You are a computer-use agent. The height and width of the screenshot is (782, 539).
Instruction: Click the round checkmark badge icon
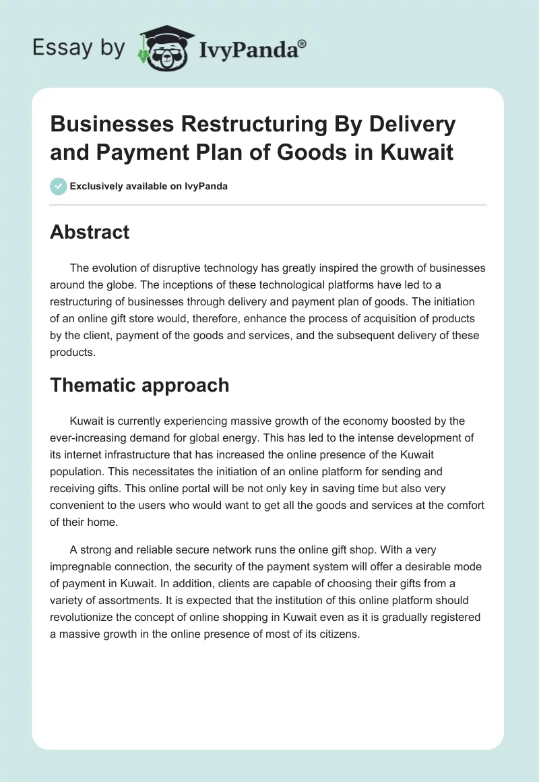pyautogui.click(x=59, y=186)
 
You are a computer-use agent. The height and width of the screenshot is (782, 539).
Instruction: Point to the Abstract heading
pyautogui.click(x=90, y=232)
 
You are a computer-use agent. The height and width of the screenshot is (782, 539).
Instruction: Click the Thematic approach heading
pyautogui.click(x=139, y=385)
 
